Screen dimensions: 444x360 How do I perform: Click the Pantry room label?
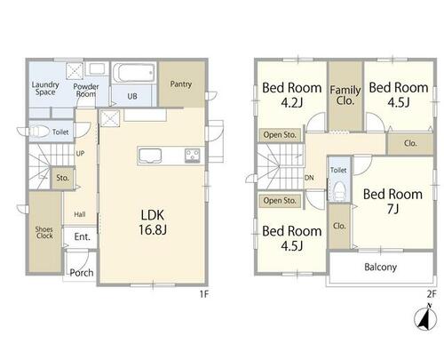click(181, 84)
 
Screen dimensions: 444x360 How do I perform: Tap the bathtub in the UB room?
click(134, 73)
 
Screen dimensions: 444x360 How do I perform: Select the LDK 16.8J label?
click(153, 222)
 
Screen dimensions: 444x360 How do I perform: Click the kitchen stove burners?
click(193, 156)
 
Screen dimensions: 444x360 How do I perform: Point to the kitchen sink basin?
click(150, 156)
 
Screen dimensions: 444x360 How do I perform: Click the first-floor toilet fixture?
click(38, 132)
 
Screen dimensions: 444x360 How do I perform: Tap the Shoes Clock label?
click(44, 233)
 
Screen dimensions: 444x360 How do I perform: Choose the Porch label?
click(82, 273)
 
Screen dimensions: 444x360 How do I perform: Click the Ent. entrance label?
click(82, 236)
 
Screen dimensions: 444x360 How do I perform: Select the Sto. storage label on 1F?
click(62, 178)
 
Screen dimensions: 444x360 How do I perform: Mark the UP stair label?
click(80, 154)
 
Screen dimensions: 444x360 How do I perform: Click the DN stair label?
click(309, 178)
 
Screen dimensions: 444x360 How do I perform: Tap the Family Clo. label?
click(345, 95)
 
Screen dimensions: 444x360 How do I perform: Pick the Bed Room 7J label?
click(392, 201)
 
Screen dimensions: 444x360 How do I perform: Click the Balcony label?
click(381, 267)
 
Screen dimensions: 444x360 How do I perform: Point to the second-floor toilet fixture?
click(339, 192)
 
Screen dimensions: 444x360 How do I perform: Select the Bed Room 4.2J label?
click(292, 95)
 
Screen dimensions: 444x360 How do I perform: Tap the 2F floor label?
click(432, 294)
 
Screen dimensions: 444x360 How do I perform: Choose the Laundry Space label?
click(45, 88)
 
